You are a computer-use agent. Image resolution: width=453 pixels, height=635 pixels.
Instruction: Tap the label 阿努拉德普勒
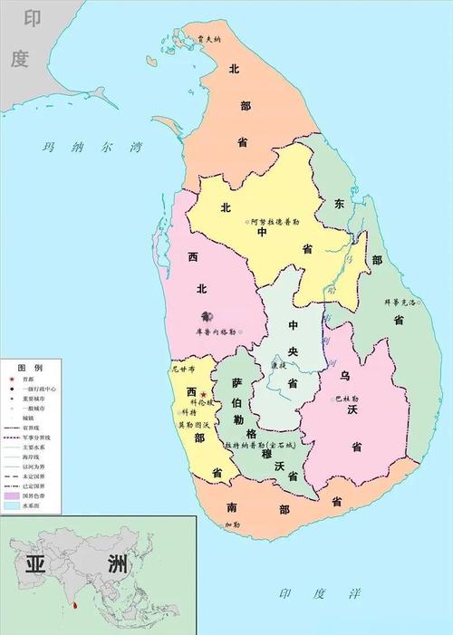[274, 221]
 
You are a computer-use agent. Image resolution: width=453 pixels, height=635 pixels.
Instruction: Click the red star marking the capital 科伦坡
[204, 395]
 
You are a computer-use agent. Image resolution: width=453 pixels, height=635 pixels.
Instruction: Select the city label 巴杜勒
[347, 398]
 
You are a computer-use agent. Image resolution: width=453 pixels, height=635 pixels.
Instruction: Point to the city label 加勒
[232, 524]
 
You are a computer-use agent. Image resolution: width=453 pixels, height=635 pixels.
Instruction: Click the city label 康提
[278, 365]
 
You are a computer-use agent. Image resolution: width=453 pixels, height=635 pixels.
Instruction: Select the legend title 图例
[29, 367]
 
